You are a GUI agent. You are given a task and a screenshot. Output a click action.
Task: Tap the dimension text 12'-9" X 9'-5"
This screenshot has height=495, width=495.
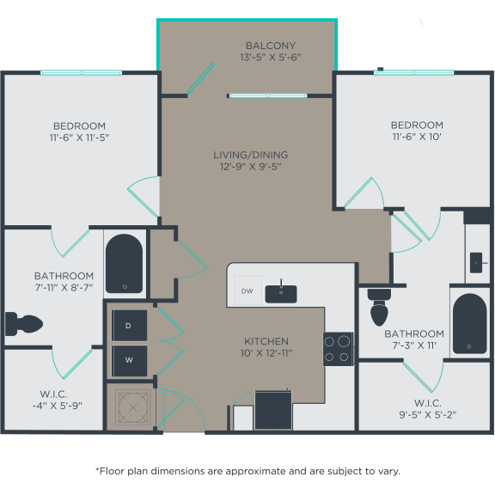point(250,167)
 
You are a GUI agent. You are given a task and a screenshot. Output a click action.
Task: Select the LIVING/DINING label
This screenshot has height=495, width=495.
point(250,155)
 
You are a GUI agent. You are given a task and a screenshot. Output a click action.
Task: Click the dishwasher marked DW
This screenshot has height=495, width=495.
point(247,292)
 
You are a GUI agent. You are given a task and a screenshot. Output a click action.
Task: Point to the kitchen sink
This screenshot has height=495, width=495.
point(280,293)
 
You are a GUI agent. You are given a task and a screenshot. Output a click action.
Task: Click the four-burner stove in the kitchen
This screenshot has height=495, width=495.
point(338,349)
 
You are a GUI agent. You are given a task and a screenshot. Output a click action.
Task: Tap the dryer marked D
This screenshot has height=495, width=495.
point(129,326)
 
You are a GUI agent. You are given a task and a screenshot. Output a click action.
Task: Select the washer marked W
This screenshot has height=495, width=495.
point(129,360)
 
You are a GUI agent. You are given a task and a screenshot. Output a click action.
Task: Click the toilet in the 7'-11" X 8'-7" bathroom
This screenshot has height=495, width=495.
point(22,324)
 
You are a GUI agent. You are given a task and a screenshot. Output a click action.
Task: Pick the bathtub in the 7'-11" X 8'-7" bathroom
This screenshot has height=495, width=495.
point(125,263)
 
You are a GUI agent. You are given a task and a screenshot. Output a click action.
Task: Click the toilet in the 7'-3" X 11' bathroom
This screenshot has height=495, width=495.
point(379,304)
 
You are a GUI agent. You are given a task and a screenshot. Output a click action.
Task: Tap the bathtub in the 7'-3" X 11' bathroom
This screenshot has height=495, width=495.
point(469,323)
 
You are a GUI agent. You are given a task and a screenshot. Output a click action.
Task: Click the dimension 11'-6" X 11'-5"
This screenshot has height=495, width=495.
point(78,137)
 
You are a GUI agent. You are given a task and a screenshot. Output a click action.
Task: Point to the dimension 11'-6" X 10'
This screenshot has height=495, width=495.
point(417,137)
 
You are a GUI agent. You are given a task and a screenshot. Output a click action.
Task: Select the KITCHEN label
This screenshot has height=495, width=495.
point(266,341)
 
